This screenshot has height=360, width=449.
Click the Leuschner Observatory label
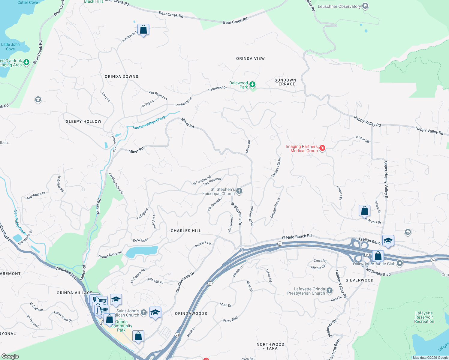click(x=339, y=6)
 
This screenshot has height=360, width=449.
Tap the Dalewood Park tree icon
click(x=252, y=85)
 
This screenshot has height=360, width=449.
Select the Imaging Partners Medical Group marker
click(x=322, y=148)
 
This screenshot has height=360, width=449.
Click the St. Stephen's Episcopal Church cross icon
click(x=239, y=191)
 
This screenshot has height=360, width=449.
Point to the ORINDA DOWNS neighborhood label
click(x=122, y=76)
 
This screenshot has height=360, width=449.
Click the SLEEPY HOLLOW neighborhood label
click(x=84, y=121)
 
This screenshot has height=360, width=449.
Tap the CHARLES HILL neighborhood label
click(x=186, y=231)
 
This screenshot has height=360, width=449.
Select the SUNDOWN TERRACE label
click(x=285, y=82)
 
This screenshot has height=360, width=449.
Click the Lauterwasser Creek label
click(x=149, y=123)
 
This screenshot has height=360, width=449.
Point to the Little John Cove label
click(x=11, y=47)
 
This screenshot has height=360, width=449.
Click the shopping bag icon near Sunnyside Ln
click(x=143, y=30)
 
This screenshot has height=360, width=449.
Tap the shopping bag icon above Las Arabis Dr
click(x=364, y=211)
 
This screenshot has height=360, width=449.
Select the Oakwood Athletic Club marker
click(x=400, y=263)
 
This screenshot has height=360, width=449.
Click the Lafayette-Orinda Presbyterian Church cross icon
click(x=330, y=290)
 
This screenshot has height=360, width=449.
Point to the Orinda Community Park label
click(x=121, y=326)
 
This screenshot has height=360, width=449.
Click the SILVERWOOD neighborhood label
click(x=360, y=280)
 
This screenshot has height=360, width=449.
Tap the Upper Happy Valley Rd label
click(x=386, y=181)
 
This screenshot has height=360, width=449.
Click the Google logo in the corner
click(x=10, y=356)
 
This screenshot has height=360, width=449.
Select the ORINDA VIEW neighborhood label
click(x=250, y=58)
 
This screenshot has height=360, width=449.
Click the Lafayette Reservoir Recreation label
click(x=424, y=317)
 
